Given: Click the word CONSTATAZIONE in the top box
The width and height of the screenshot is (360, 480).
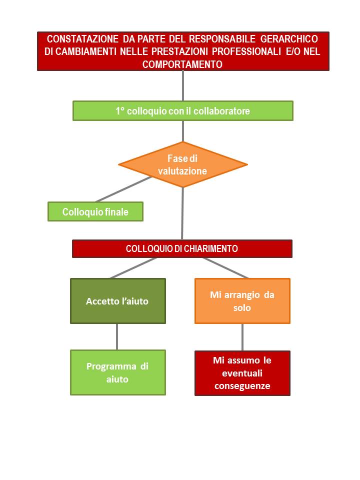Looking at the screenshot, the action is tap(82, 39).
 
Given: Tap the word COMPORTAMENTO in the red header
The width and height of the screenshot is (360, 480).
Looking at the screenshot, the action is tap(182, 64).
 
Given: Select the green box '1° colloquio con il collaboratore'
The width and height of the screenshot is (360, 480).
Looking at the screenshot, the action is tap(183, 111).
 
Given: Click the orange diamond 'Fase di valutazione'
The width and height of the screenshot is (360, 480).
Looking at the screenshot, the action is tap(183, 164).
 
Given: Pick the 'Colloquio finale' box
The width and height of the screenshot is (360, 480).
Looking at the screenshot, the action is tap(95, 211).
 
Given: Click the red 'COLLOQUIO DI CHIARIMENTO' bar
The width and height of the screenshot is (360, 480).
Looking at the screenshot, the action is tap(182, 248).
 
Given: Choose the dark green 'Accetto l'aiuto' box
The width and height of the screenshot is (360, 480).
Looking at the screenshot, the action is tap(118, 301).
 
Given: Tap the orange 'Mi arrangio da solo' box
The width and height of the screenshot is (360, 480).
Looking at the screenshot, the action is tap(242, 301).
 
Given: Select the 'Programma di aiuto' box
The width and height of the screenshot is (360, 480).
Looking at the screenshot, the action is tap(118, 372).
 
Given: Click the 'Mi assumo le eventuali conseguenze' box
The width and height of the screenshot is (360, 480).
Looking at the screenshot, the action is tap(242, 373).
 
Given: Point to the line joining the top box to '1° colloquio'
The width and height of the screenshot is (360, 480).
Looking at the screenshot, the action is tap(183, 85).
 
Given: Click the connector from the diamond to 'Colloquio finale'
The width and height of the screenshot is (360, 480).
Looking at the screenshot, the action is tap(123, 189).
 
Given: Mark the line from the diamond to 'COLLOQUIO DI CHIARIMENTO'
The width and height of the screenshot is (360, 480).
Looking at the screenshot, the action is tap(182, 213).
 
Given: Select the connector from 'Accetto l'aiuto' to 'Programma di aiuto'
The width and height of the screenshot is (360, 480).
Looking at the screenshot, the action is tap(117, 336).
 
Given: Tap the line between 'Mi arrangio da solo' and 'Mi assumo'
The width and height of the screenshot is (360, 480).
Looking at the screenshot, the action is tap(242, 337).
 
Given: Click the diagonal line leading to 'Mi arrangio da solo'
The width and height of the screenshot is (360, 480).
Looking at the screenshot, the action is tap(225, 268).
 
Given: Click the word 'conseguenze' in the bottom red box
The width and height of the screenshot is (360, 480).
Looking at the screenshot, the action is tap(242, 385).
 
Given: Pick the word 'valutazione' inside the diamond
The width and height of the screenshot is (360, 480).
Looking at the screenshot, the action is tap(182, 171).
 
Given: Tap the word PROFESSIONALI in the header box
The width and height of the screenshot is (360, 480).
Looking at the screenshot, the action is tap(246, 51).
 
